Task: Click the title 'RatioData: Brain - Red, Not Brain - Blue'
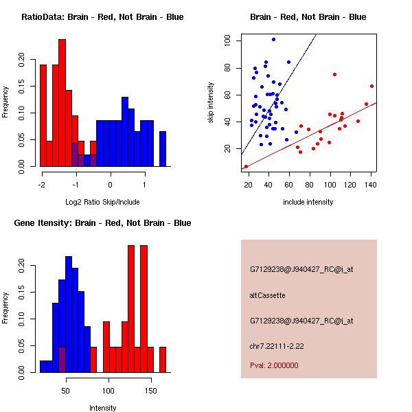102,16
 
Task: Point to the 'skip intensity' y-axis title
211,103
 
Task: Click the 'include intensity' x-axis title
308,202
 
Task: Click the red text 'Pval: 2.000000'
274,365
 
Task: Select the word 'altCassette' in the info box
267,295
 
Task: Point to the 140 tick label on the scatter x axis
371,184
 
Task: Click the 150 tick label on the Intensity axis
150,390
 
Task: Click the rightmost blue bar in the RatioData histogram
163,148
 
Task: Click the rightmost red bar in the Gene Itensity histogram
163,359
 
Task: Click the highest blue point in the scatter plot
273,40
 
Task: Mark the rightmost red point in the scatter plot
371,87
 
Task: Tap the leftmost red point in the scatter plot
246,166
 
